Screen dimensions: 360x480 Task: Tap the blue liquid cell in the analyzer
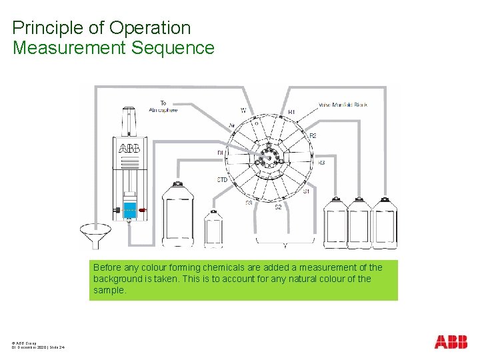click(x=129, y=209)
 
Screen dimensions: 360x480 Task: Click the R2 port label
click(x=313, y=135)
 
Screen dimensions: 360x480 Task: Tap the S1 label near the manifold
click(x=306, y=191)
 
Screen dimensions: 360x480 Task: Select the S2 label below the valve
click(x=279, y=207)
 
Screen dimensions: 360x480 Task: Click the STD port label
click(x=222, y=180)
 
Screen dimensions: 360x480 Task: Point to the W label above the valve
click(x=243, y=110)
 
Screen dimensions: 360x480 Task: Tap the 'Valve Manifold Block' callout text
click(x=343, y=105)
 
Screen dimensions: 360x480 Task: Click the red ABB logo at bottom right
click(x=451, y=342)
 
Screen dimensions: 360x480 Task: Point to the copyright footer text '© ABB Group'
click(x=24, y=342)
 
